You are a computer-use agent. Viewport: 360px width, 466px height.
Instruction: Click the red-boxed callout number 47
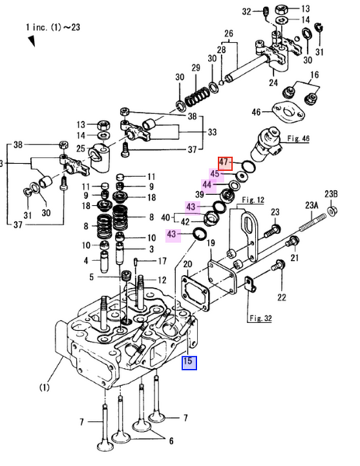(x=225, y=163)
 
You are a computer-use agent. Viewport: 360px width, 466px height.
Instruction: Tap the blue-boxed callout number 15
(x=189, y=363)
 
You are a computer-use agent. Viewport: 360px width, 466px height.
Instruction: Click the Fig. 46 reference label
(x=298, y=139)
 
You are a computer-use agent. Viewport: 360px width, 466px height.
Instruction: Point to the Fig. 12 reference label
(x=253, y=200)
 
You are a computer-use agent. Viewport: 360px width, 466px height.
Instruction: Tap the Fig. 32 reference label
(x=260, y=318)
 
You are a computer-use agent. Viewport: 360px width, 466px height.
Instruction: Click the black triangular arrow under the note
(x=32, y=41)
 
